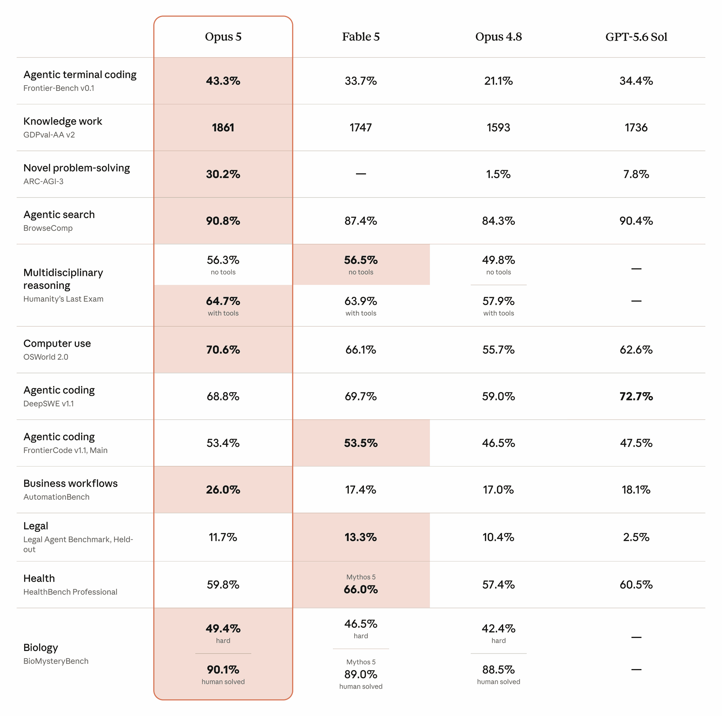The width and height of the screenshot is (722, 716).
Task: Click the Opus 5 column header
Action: (223, 36)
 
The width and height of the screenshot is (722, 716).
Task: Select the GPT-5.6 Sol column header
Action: (636, 36)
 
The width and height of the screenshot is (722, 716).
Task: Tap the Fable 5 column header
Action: (361, 36)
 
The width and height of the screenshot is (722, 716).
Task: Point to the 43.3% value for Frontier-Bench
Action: (223, 81)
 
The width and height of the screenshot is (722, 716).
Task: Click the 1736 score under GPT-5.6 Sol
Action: (636, 127)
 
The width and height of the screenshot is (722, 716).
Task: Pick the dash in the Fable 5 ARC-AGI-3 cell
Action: (361, 174)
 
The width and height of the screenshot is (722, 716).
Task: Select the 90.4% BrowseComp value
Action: (636, 221)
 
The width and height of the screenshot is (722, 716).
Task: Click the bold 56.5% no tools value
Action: (361, 260)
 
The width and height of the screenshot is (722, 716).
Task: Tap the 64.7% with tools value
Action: (223, 301)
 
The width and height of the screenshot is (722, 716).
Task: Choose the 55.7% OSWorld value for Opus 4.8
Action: (499, 350)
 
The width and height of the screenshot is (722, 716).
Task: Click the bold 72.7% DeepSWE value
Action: (636, 396)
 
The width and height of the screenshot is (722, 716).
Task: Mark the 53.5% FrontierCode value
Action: (361, 443)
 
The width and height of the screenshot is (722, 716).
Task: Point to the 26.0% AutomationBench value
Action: (223, 490)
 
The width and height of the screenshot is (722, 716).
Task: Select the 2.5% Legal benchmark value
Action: (636, 537)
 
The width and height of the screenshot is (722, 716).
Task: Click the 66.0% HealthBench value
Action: (361, 589)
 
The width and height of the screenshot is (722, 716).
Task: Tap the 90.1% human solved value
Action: (223, 669)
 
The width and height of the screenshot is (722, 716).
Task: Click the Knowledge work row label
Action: (62, 121)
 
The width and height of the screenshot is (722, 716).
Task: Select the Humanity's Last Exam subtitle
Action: (63, 299)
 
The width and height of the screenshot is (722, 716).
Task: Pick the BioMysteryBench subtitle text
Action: (56, 661)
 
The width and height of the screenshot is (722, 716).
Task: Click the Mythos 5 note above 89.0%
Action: (361, 662)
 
